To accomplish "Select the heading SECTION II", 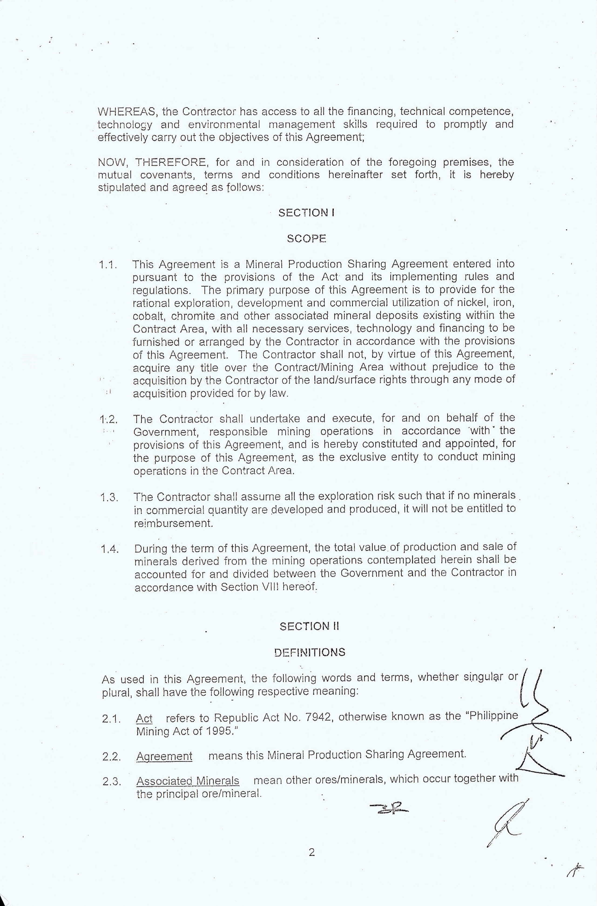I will point(309,626).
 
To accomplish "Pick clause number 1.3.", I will point(109,497).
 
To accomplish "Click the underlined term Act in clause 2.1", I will point(144,719).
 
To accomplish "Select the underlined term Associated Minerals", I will point(188,781).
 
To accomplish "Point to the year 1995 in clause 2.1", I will point(219,731).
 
